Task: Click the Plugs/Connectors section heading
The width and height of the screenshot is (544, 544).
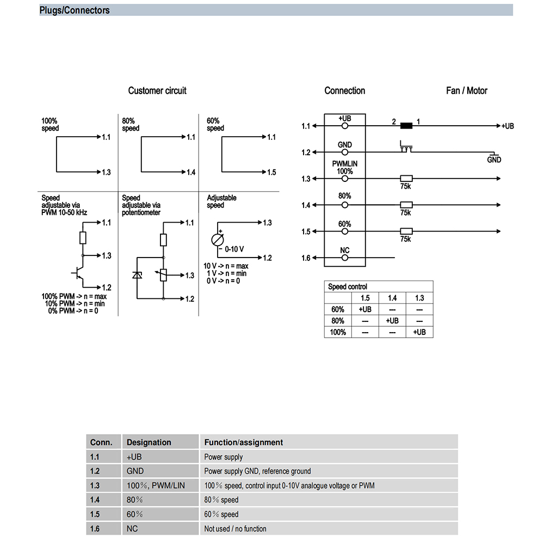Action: [75, 10]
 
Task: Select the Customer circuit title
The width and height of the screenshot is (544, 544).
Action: [157, 90]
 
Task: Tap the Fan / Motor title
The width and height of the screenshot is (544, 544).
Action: [466, 90]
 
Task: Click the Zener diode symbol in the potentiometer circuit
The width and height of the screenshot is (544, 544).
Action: [137, 275]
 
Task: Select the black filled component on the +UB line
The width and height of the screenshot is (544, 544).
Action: [406, 126]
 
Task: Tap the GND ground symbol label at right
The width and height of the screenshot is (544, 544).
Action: [494, 160]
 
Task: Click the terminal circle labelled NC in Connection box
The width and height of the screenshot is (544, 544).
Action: [344, 258]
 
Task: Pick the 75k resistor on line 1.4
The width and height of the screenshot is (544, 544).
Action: [406, 205]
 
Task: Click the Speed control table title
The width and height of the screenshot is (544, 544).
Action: [348, 286]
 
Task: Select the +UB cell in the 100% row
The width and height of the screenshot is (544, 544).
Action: [419, 332]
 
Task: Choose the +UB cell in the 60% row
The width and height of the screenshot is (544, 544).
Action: [365, 309]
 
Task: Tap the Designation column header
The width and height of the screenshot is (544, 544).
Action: [149, 442]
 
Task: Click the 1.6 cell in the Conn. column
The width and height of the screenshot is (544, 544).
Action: [95, 528]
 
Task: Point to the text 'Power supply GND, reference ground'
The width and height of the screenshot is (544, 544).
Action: [257, 471]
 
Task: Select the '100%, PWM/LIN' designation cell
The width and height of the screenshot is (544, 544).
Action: [156, 485]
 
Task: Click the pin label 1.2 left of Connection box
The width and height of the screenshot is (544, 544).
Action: [306, 152]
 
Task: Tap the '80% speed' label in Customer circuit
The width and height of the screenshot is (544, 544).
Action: [131, 124]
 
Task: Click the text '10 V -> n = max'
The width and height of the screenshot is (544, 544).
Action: [226, 266]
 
